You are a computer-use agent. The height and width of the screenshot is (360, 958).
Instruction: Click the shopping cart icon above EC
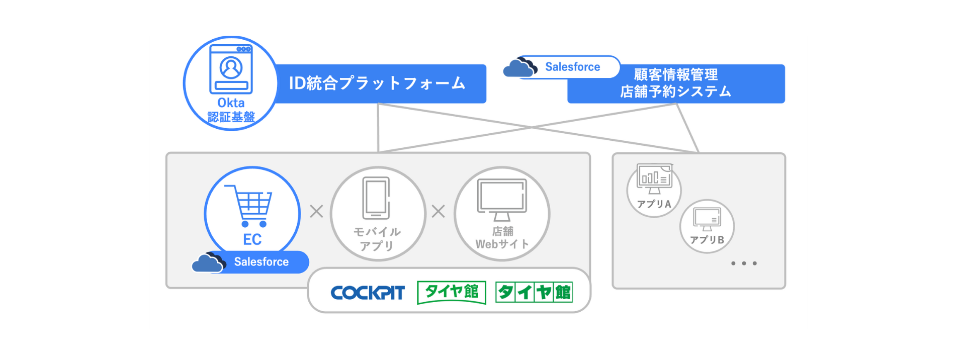coord(250,205)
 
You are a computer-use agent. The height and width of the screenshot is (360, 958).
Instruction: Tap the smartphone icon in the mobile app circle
coord(376,198)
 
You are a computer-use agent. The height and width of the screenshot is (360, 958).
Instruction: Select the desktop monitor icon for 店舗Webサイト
coord(501,199)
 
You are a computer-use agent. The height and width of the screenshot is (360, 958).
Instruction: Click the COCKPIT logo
coord(368,293)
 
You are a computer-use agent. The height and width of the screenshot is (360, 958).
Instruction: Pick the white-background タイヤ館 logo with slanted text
coord(451,292)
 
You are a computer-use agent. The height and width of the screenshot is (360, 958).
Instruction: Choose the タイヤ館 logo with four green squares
coord(534,292)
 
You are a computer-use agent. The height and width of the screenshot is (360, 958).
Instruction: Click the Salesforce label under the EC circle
coord(261,262)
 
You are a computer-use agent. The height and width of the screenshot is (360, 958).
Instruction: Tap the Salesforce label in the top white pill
coord(572,67)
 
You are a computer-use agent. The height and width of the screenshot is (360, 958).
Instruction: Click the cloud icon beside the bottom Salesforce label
coord(208,262)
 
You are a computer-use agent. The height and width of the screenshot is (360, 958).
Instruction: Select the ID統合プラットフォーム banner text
coord(377,83)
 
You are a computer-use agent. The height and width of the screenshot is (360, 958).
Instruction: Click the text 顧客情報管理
coord(675,75)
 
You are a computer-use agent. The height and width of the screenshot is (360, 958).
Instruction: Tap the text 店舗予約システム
coord(675,92)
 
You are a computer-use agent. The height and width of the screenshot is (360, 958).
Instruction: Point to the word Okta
coord(231,103)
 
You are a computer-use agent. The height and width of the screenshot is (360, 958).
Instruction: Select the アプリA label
coord(654,204)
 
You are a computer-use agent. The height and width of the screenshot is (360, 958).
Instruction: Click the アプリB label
coord(707,240)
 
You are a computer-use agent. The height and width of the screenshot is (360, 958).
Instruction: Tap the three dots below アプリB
coord(744,263)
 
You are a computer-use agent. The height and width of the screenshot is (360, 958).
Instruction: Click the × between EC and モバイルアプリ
coord(316,211)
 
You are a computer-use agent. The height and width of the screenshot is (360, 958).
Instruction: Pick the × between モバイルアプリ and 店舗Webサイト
coord(439,211)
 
